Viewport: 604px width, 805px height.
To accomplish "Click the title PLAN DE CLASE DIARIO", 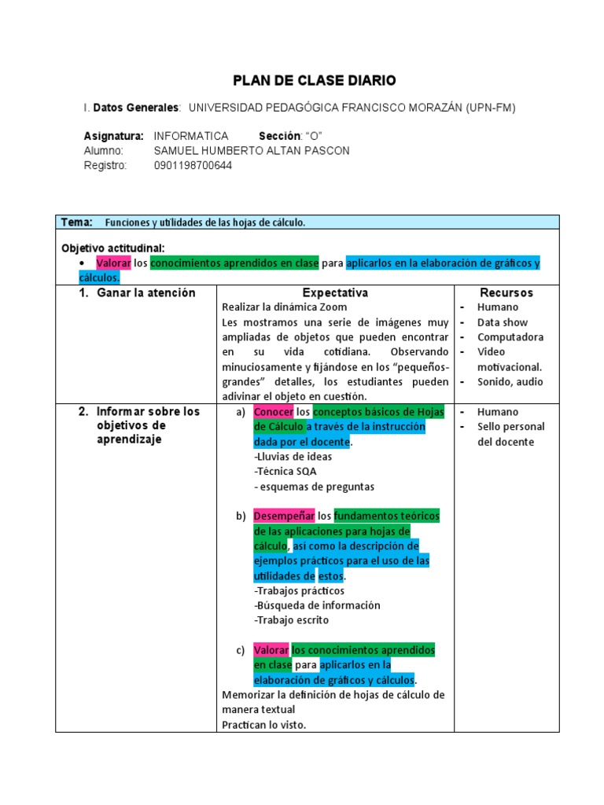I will pyautogui.click(x=315, y=81).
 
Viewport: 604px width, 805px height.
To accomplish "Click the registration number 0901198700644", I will pyautogui.click(x=193, y=166).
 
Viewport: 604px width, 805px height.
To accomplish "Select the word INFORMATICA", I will pyautogui.click(x=191, y=136).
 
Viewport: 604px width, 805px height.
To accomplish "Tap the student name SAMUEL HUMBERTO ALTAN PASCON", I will pyautogui.click(x=252, y=151).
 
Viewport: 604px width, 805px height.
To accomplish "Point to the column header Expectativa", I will pyautogui.click(x=335, y=292).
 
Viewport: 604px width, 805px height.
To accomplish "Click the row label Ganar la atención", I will pyautogui.click(x=145, y=292).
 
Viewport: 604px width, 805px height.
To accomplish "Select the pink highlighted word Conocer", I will pyautogui.click(x=273, y=412).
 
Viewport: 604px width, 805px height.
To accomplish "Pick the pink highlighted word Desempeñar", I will pyautogui.click(x=282, y=516).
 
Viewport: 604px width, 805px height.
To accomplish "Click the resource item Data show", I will pyautogui.click(x=503, y=322).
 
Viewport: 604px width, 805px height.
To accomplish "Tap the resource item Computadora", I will pyautogui.click(x=510, y=337).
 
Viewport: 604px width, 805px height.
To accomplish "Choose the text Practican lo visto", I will pyautogui.click(x=263, y=725).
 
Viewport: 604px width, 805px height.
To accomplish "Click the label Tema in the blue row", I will pyautogui.click(x=76, y=222).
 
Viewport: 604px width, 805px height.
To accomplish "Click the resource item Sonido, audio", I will pyautogui.click(x=510, y=382).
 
